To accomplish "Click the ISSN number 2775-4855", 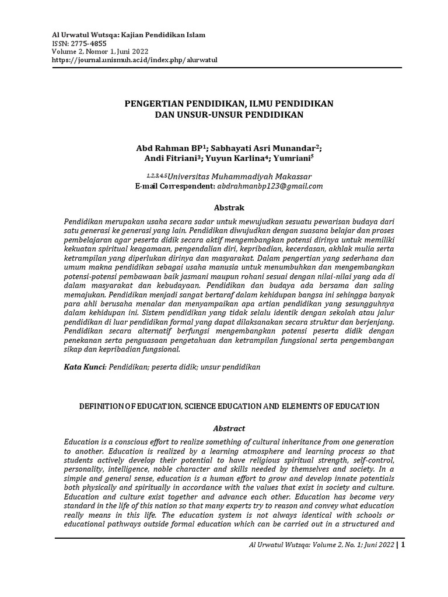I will [91, 43].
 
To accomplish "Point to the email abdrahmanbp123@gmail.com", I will [270, 186].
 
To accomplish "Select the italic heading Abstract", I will [229, 428].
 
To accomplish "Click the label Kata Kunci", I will [84, 367].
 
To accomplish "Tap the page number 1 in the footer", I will [402, 546].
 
